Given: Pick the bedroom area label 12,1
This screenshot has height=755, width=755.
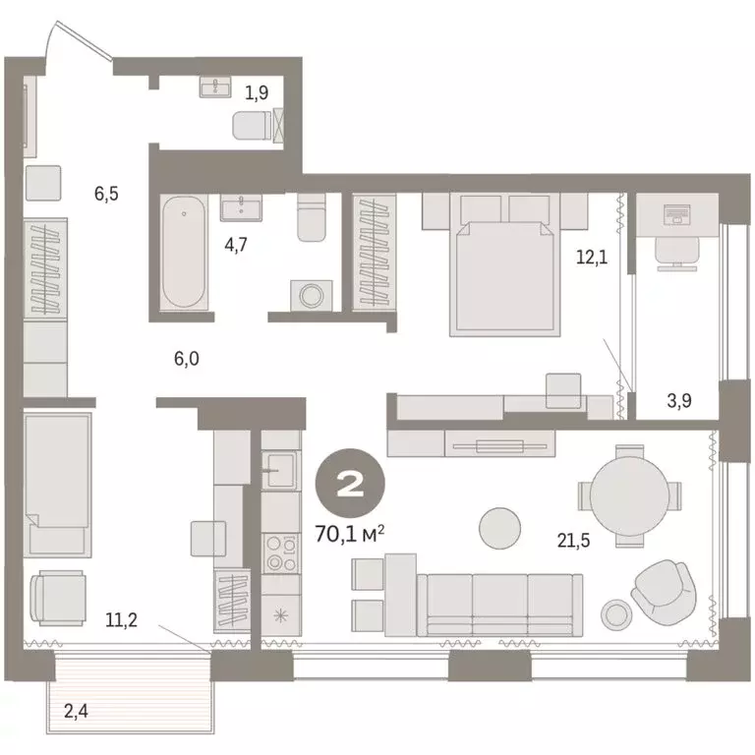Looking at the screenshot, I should tap(591, 258).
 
